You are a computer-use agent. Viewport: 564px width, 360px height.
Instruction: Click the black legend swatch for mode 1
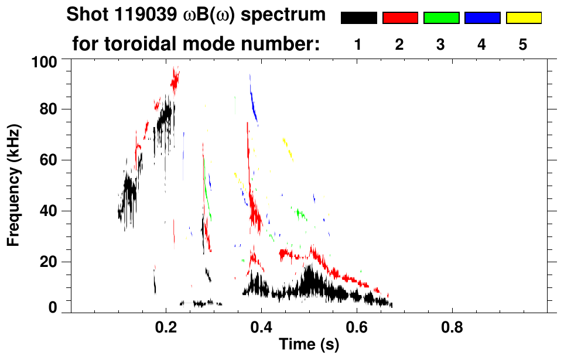click(x=359, y=18)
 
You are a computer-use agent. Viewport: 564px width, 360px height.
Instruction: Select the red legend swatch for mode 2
click(x=400, y=18)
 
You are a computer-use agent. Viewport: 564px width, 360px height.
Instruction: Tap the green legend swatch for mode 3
click(x=441, y=18)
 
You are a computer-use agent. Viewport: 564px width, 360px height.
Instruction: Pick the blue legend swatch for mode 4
click(x=482, y=18)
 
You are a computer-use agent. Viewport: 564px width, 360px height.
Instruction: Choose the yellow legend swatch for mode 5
click(x=523, y=18)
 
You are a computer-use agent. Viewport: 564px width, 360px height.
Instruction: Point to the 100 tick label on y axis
click(x=45, y=61)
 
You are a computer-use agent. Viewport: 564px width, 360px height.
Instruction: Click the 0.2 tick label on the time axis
click(x=166, y=325)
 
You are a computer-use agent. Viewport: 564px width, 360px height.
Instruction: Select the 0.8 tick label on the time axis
click(x=452, y=325)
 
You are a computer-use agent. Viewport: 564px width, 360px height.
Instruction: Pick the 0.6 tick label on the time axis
click(x=356, y=325)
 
